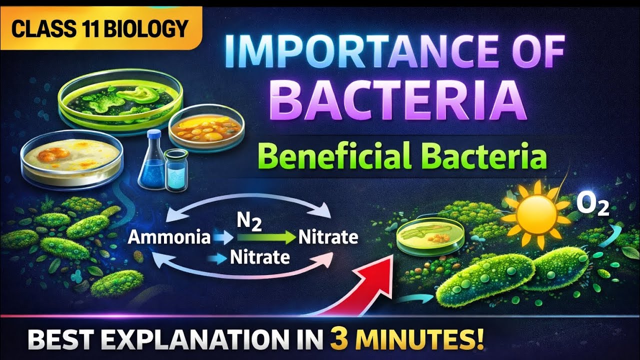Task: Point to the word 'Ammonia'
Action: (168, 237)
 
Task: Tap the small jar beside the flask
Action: (176, 169)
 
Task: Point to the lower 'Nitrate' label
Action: (259, 257)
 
